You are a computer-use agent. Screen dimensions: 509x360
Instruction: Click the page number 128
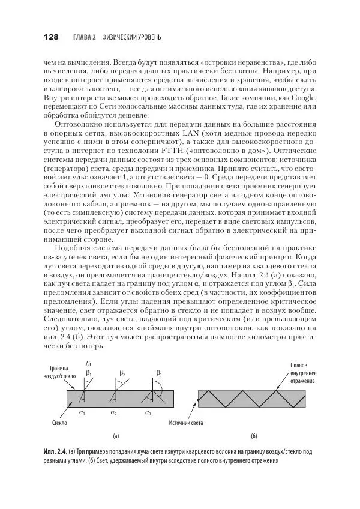pyautogui.click(x=50, y=37)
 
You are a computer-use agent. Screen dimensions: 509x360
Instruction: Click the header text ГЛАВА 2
pyautogui.click(x=85, y=37)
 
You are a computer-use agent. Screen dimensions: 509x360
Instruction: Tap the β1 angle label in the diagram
pyautogui.click(x=89, y=373)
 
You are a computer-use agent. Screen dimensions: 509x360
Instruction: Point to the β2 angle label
pyautogui.click(x=123, y=373)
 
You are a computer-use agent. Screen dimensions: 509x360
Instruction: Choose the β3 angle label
pyautogui.click(x=159, y=373)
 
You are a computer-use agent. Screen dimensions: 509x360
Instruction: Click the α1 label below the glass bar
pyautogui.click(x=82, y=413)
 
